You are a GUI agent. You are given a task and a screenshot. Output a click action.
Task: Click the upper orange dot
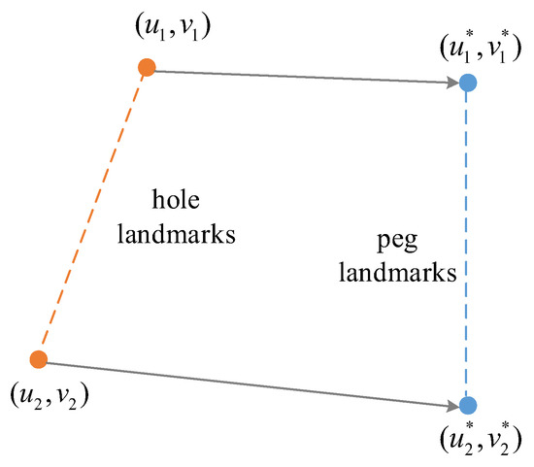147,67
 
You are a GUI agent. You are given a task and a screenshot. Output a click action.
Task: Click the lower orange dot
39,359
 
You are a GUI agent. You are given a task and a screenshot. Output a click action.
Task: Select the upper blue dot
467,83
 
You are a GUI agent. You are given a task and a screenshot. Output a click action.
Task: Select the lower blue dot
467,405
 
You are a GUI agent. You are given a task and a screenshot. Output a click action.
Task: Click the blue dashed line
467,243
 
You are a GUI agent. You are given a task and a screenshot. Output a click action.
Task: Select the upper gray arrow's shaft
301,75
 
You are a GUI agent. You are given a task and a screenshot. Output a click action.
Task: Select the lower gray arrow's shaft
243,382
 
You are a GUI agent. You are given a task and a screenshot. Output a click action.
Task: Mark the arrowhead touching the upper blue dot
452,83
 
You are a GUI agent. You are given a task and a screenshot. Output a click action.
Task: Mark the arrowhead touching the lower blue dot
452,403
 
